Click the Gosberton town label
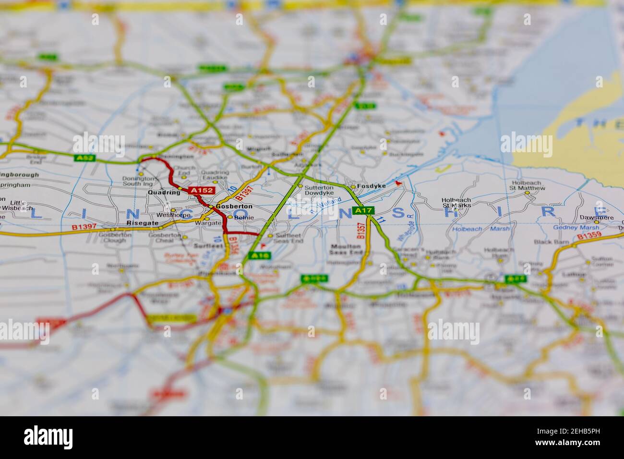click(234, 206)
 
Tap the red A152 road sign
click(201, 191)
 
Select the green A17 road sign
click(363, 210)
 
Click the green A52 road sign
click(84, 157)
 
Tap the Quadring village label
click(165, 192)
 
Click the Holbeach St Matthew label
click(528, 185)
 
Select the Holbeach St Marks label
click(456, 202)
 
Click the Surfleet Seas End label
click(289, 238)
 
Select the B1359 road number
click(589, 236)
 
